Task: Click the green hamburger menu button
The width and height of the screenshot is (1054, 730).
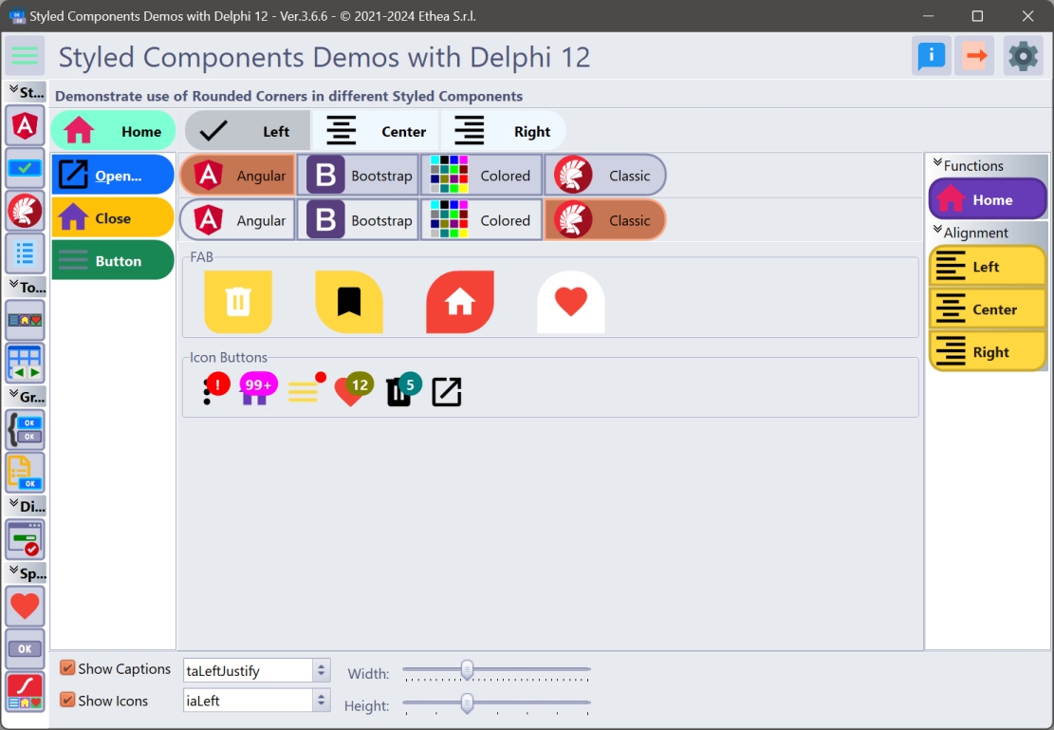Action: (x=25, y=55)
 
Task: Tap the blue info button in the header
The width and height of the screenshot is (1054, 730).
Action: (x=931, y=55)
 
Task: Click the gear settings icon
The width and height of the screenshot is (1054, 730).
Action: (x=1023, y=55)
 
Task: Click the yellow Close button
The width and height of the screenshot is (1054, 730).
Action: (x=113, y=218)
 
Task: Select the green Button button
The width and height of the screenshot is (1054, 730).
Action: (x=113, y=260)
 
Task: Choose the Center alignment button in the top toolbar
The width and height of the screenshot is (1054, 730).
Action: (x=376, y=131)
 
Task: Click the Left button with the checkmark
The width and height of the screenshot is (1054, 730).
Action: (x=248, y=131)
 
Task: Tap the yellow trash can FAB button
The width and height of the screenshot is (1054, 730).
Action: (x=238, y=302)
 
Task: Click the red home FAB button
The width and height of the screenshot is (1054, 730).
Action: (x=460, y=302)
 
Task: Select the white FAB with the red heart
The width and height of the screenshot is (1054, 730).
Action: (x=571, y=302)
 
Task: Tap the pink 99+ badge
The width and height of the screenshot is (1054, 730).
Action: (x=258, y=384)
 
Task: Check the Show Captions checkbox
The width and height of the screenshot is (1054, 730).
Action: (x=67, y=667)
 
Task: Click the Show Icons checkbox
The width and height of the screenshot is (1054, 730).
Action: (x=67, y=700)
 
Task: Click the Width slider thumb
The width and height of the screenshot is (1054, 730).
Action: (x=467, y=669)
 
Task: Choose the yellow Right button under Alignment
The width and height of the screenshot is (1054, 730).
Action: (x=988, y=352)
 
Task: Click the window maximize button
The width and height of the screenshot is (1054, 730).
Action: (x=977, y=15)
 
